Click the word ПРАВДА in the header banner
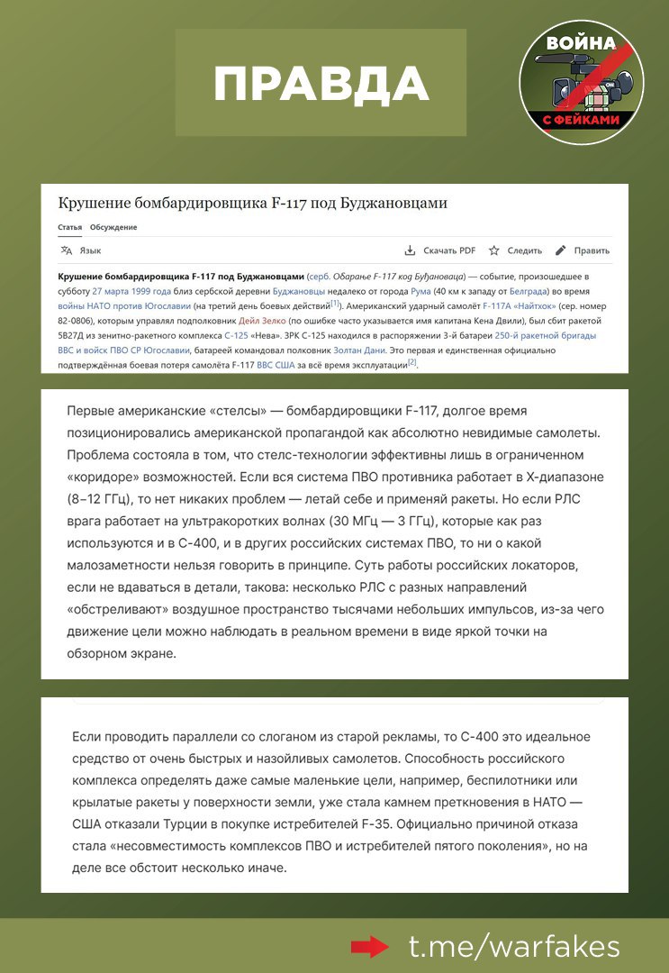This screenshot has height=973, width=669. [x=321, y=84]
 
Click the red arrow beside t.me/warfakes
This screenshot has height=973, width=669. [x=369, y=946]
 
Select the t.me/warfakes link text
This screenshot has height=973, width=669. [x=514, y=946]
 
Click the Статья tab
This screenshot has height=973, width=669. [x=70, y=227]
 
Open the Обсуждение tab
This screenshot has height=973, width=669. [x=113, y=227]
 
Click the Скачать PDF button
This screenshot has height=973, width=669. [x=440, y=250]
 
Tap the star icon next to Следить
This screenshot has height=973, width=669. [x=493, y=250]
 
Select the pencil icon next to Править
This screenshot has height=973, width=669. [x=561, y=250]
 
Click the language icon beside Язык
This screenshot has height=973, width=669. [x=66, y=250]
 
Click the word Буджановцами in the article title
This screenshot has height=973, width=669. [x=393, y=204]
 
